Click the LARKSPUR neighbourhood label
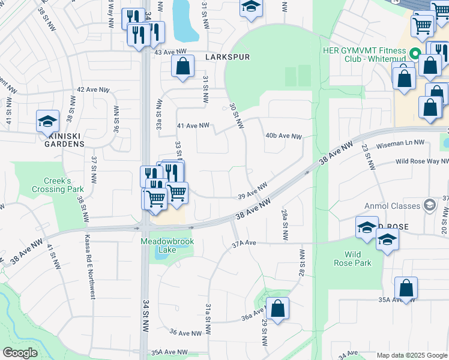click(226, 57)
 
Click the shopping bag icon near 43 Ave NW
click(182, 66)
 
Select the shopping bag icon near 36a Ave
click(277, 309)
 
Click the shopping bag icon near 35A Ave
click(406, 288)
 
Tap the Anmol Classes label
click(392, 206)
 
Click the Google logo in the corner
click(20, 353)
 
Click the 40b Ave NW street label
click(283, 136)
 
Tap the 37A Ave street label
click(244, 243)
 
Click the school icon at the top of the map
click(252, 7)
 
